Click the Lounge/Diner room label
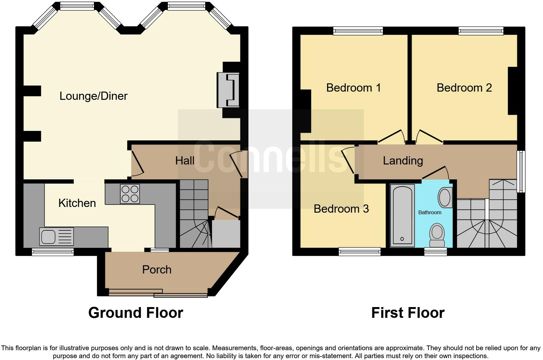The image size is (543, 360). tap(93, 96)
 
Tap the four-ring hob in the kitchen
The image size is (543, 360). tap(130, 194)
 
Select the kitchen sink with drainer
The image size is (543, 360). tap(56, 236)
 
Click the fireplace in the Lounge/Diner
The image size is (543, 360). tap(228, 90)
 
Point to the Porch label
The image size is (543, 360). tap(157, 269)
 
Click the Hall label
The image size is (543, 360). tap(185, 160)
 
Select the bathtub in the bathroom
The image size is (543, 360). tap(402, 215)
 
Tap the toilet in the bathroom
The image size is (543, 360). tap(437, 235)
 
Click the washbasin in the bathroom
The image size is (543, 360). tap(445, 197)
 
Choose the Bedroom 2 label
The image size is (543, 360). tap(464, 87)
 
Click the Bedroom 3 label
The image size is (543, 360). tap(341, 209)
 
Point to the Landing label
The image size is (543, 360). tap(403, 160)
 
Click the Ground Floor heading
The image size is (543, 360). tap(135, 312)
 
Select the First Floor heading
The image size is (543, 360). tap(408, 312)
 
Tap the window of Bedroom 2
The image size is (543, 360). tap(481, 31)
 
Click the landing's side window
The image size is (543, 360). tap(521, 171)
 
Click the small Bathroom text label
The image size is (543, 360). tap(429, 212)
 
